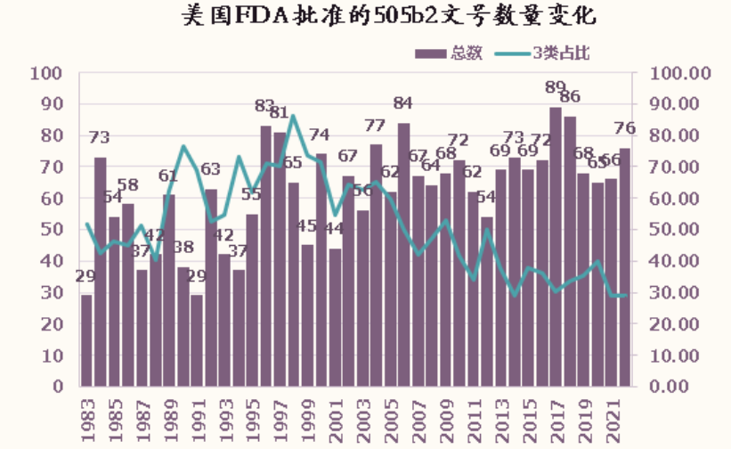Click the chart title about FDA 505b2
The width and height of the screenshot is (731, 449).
pos(365,17)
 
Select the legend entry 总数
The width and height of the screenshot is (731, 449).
pos(450,53)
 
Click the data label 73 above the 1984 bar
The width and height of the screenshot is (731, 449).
pos(100,138)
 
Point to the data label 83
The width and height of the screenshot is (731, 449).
pos(265,106)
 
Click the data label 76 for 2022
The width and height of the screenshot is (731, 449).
pos(625,128)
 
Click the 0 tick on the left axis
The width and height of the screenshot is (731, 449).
pos(55,387)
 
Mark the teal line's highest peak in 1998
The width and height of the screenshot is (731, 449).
pos(293,116)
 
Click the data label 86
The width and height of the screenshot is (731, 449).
pos(571,97)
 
